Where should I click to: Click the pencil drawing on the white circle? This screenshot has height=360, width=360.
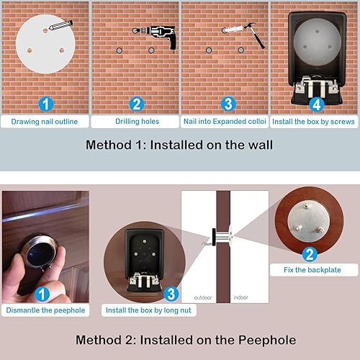60,25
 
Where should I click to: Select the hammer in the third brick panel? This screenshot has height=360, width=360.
256,35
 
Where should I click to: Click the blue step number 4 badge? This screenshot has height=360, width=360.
316,104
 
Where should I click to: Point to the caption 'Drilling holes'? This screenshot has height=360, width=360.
137,122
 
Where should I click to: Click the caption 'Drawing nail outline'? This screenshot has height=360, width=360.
45,122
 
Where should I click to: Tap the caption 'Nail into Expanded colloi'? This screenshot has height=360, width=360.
225,122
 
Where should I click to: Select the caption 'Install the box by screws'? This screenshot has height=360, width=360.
313,122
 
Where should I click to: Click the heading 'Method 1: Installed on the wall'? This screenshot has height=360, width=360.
179,145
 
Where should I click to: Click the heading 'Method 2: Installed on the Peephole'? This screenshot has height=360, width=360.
186,340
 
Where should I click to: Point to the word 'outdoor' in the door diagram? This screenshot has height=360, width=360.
203,297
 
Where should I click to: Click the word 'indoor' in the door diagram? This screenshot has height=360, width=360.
240,297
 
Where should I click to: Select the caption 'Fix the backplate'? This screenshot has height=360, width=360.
312,270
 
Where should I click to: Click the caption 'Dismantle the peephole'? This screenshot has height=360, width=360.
45,310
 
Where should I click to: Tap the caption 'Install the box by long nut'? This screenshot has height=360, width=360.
148,310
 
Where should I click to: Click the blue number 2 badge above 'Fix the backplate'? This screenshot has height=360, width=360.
310,254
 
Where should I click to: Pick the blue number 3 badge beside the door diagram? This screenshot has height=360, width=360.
171,294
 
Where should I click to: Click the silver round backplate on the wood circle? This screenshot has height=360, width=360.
308,222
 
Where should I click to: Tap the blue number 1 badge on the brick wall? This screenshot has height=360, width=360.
46,104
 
